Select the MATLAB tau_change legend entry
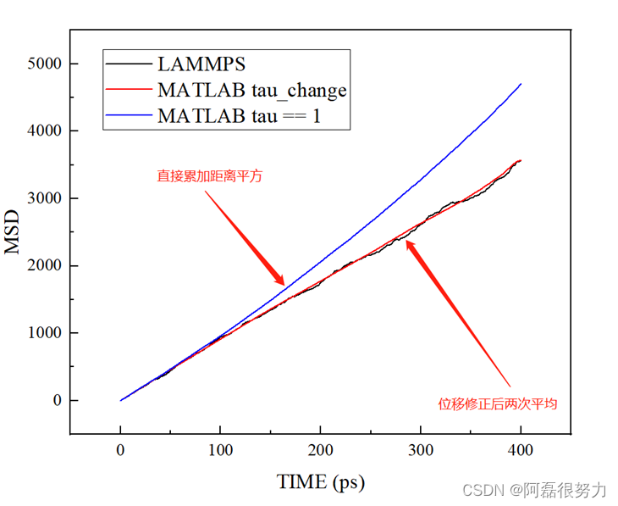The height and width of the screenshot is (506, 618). pos(251,89)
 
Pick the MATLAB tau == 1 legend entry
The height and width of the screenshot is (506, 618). pos(239,116)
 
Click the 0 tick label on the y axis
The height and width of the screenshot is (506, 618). pos(58,400)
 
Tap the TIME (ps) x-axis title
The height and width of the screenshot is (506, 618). pos(321,482)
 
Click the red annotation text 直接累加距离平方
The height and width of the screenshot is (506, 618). pos(209,177)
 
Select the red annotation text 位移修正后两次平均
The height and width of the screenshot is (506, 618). pos(497,404)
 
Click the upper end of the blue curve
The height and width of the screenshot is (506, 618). pos(521,84)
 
